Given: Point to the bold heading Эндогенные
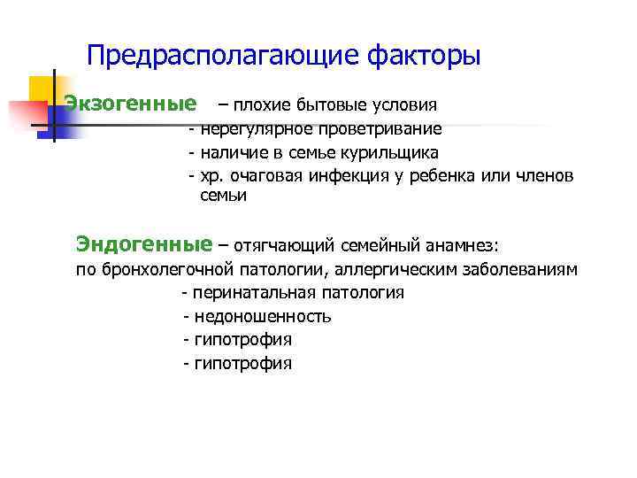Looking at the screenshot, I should [x=144, y=243].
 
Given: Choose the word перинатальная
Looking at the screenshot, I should [x=247, y=293].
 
